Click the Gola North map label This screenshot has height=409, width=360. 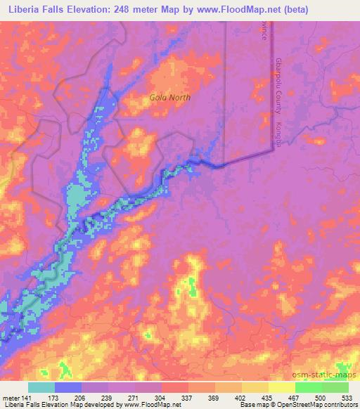(170, 98)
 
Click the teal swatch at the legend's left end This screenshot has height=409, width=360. (41, 387)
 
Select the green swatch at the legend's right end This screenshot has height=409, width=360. (335, 387)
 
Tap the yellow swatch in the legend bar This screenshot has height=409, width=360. (282, 387)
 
